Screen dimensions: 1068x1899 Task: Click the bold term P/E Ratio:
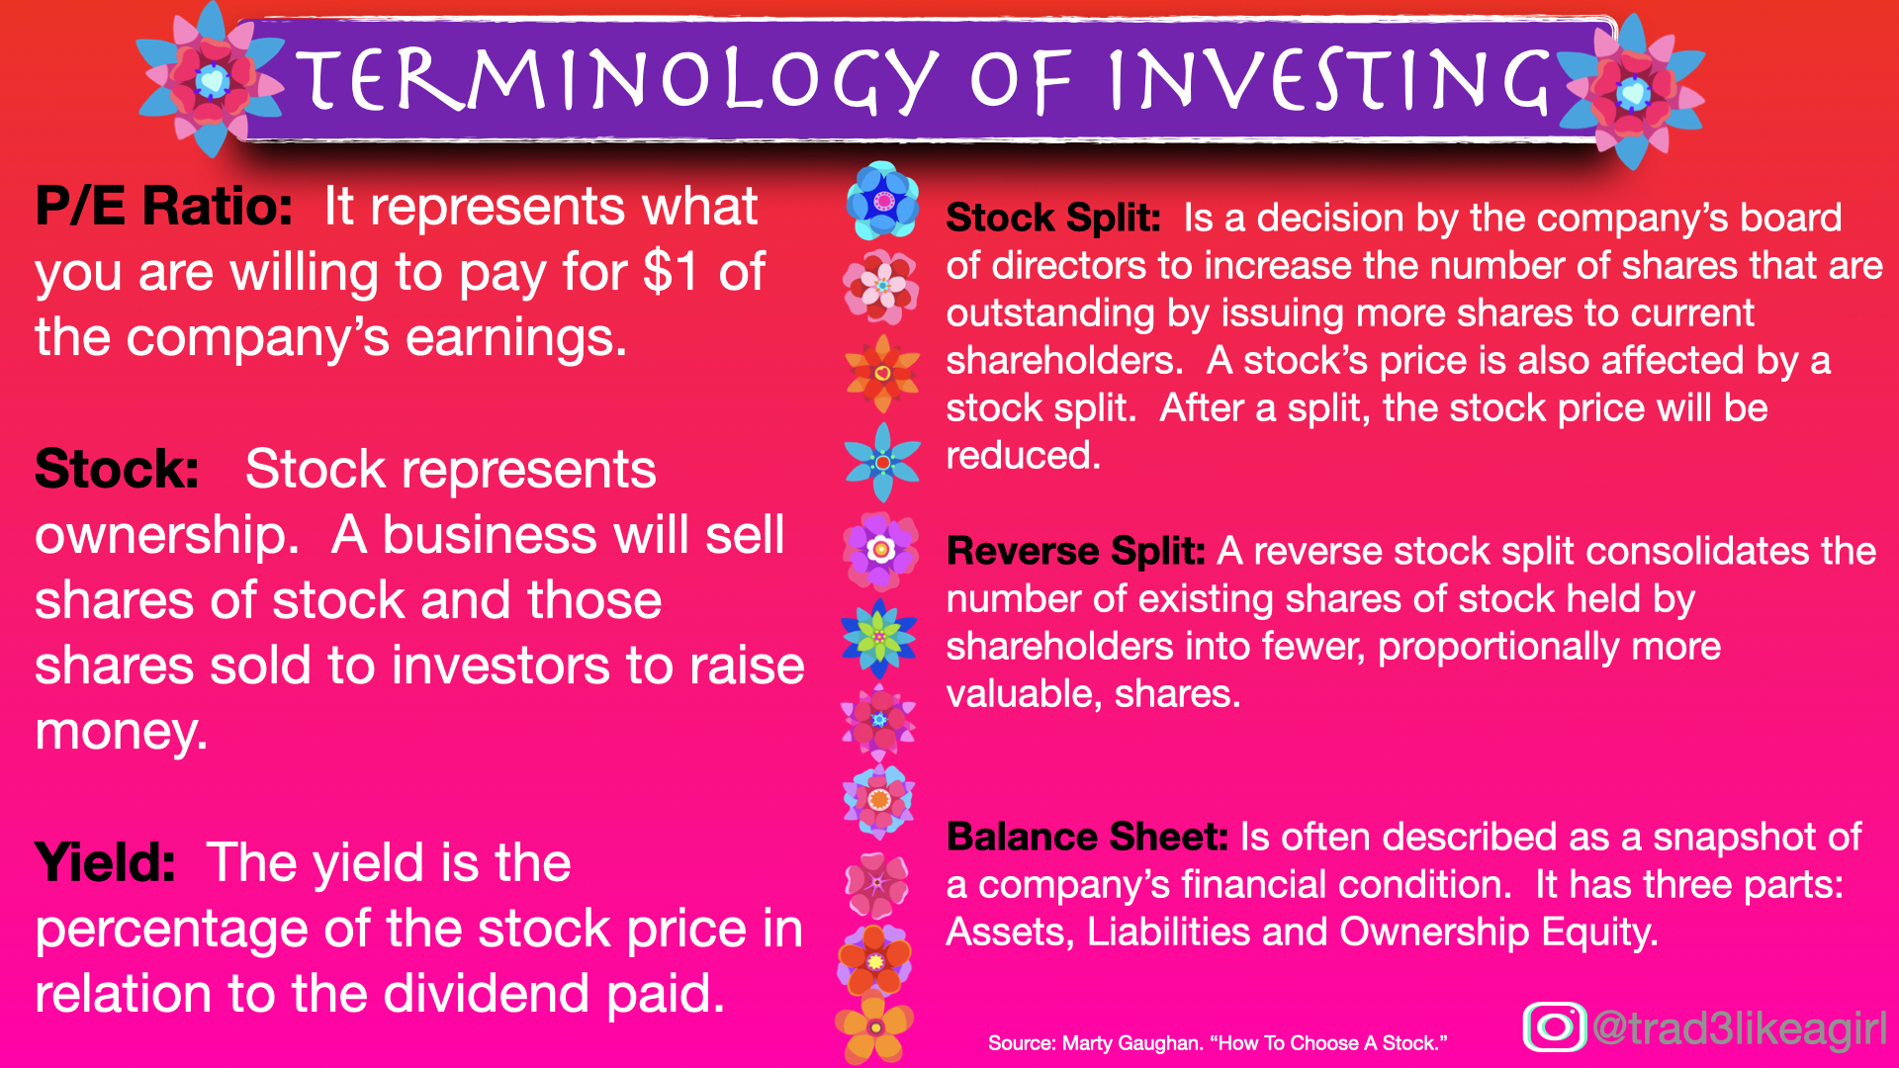(x=164, y=207)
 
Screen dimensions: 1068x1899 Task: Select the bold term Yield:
(x=105, y=862)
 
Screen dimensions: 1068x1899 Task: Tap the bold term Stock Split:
(x=1052, y=218)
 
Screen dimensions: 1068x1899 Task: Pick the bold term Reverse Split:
(x=1075, y=551)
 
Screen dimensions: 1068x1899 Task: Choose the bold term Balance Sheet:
(x=1087, y=837)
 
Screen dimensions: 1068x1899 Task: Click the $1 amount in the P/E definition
(x=672, y=272)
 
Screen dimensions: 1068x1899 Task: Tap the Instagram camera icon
(x=1554, y=1026)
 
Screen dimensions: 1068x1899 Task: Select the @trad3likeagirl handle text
(x=1740, y=1028)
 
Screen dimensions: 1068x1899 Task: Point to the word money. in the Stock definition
(x=122, y=732)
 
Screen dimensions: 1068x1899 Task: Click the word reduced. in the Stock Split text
(x=1023, y=456)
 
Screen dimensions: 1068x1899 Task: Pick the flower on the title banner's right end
(x=1632, y=93)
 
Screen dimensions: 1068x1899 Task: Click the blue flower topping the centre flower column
(x=883, y=201)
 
